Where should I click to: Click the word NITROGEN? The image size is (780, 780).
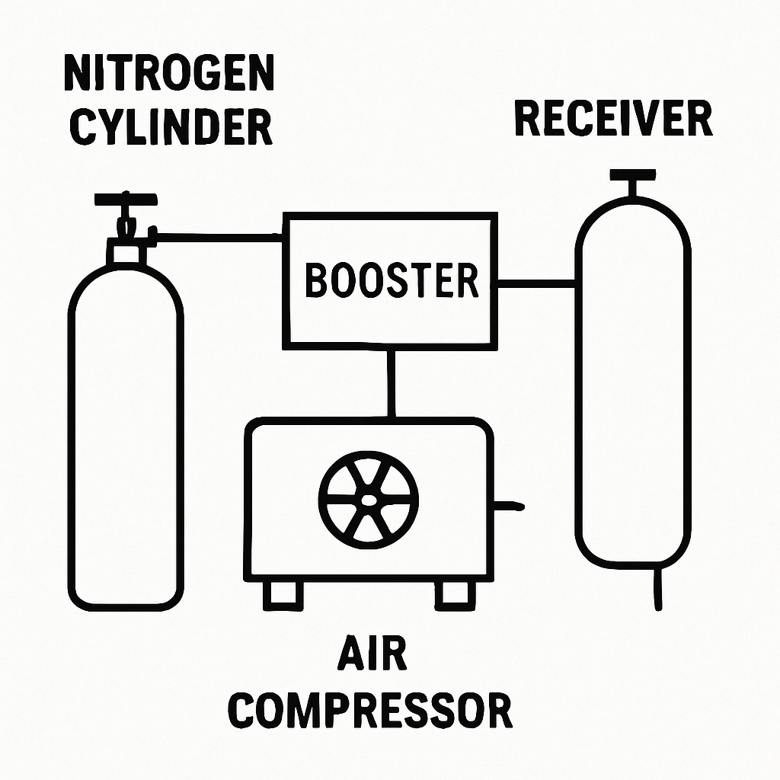tap(169, 72)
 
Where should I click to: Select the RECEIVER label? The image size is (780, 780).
tap(614, 118)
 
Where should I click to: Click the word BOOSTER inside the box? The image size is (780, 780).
tap(392, 280)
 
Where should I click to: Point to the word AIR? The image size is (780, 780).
tap(372, 652)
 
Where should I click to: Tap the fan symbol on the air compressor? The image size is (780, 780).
tap(368, 500)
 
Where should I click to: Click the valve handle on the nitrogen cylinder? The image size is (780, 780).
tap(126, 199)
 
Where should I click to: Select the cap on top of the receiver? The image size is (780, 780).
tap(633, 174)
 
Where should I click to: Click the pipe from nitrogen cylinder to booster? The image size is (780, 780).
tap(219, 238)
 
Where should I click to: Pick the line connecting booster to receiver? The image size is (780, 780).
tap(537, 283)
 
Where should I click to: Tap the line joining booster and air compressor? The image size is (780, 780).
tap(392, 384)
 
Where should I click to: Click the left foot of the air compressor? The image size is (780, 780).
tap(283, 595)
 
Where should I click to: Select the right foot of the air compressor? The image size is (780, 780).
tap(456, 595)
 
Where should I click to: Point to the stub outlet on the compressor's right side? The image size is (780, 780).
tap(509, 506)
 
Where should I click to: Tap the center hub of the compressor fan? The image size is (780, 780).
tap(368, 500)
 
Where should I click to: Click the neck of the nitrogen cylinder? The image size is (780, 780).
tap(126, 254)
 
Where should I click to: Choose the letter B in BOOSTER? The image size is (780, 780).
tap(315, 280)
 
